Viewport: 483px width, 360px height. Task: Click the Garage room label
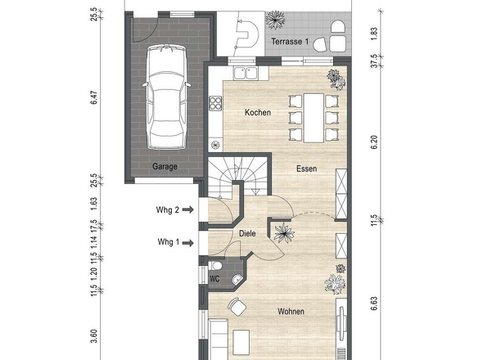point(165,167)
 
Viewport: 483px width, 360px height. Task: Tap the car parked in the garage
point(167,97)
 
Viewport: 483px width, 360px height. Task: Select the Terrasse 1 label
point(290,42)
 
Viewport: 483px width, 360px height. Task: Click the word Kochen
point(258,112)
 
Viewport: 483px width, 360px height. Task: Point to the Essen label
point(306,169)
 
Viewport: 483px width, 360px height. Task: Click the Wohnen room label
point(291,312)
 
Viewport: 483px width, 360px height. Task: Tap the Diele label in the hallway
point(247,233)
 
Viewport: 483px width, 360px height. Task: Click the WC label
point(214,279)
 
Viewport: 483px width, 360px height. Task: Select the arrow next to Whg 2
point(188,209)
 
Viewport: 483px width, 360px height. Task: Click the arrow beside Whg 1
point(188,243)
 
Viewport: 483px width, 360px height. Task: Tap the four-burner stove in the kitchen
point(215,103)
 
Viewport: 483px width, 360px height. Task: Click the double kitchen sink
point(246,74)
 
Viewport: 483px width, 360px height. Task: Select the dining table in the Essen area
point(314,119)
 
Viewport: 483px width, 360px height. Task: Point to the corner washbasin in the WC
point(237,279)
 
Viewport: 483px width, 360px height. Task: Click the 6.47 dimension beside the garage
point(94,97)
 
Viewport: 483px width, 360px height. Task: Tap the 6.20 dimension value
point(373,142)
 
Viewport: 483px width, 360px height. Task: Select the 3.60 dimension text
point(94,336)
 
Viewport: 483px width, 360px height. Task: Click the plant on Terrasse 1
point(275,20)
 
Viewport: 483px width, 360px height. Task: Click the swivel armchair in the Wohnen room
point(237,307)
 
